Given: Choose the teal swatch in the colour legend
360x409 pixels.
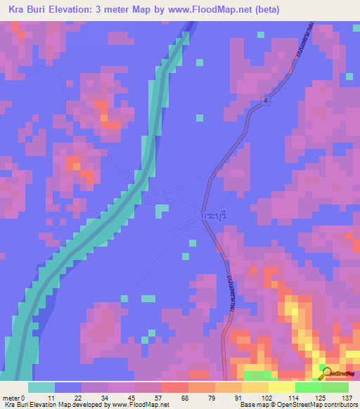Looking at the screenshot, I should tap(41, 387).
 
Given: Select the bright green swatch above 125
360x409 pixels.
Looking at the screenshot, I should tap(309, 387).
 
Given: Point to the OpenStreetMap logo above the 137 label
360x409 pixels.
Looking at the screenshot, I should tap(339, 372).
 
